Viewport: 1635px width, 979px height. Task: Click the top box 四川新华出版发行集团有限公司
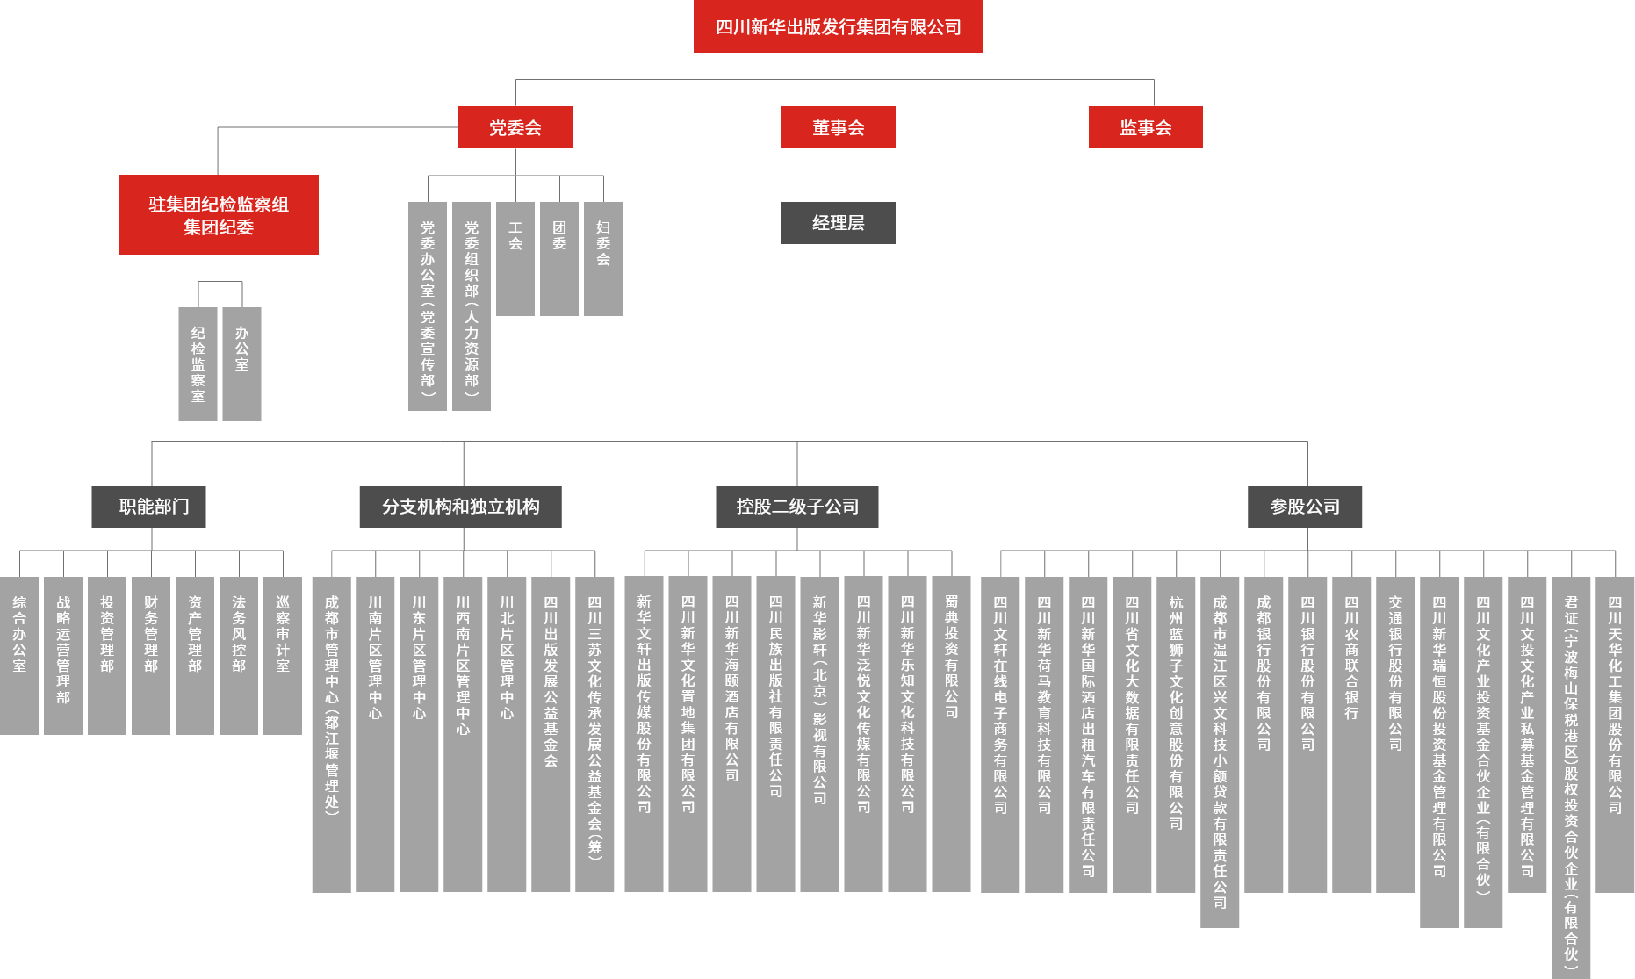pyautogui.click(x=838, y=26)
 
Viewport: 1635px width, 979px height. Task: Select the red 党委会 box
pyautogui.click(x=515, y=127)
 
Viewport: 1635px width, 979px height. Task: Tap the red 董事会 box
pyautogui.click(x=838, y=127)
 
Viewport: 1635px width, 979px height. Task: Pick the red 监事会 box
pyautogui.click(x=1145, y=127)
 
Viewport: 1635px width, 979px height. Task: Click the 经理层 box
pyautogui.click(x=838, y=223)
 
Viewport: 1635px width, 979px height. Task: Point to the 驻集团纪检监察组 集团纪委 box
pyautogui.click(x=219, y=215)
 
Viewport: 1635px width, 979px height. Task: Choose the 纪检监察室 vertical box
pyautogui.click(x=198, y=364)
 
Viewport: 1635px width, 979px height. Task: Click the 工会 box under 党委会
pyautogui.click(x=515, y=259)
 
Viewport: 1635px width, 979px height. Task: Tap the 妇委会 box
pyautogui.click(x=603, y=259)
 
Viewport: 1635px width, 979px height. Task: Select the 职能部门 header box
pyautogui.click(x=148, y=507)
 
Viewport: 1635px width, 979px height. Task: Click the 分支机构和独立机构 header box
pyautogui.click(x=460, y=507)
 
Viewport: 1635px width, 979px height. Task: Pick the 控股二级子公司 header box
pyautogui.click(x=796, y=507)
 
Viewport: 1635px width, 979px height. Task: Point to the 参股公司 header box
pyautogui.click(x=1305, y=507)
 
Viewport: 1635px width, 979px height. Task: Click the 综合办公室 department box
pyautogui.click(x=19, y=655)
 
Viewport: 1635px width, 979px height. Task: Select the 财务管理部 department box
pyautogui.click(x=151, y=655)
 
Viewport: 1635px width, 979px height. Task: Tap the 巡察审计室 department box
pyautogui.click(x=283, y=655)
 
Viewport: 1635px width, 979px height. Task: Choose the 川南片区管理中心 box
pyautogui.click(x=375, y=734)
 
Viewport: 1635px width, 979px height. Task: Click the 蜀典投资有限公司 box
pyautogui.click(x=951, y=734)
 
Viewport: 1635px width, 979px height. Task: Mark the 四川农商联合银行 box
pyautogui.click(x=1351, y=734)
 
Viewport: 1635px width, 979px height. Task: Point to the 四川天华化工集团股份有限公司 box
pyautogui.click(x=1615, y=734)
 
